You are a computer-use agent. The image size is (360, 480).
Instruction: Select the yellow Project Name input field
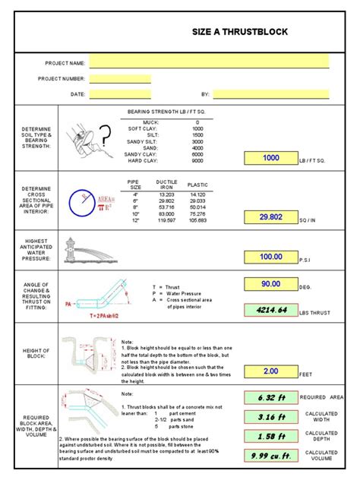point(209,62)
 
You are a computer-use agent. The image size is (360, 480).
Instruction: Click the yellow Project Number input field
point(120,78)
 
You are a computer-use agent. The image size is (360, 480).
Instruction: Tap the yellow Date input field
point(120,94)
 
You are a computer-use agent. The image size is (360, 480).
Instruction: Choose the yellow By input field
point(270,94)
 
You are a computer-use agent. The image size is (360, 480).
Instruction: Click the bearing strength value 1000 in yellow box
point(270,158)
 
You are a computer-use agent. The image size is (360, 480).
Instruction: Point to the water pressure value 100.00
point(270,257)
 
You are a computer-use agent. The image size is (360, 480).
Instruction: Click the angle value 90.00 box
point(270,284)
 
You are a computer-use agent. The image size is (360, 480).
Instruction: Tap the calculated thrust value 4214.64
point(270,309)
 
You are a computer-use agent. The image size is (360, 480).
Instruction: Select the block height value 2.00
point(270,372)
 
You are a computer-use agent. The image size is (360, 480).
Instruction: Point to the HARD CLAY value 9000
point(197,160)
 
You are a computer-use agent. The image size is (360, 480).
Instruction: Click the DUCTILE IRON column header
point(166,185)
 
